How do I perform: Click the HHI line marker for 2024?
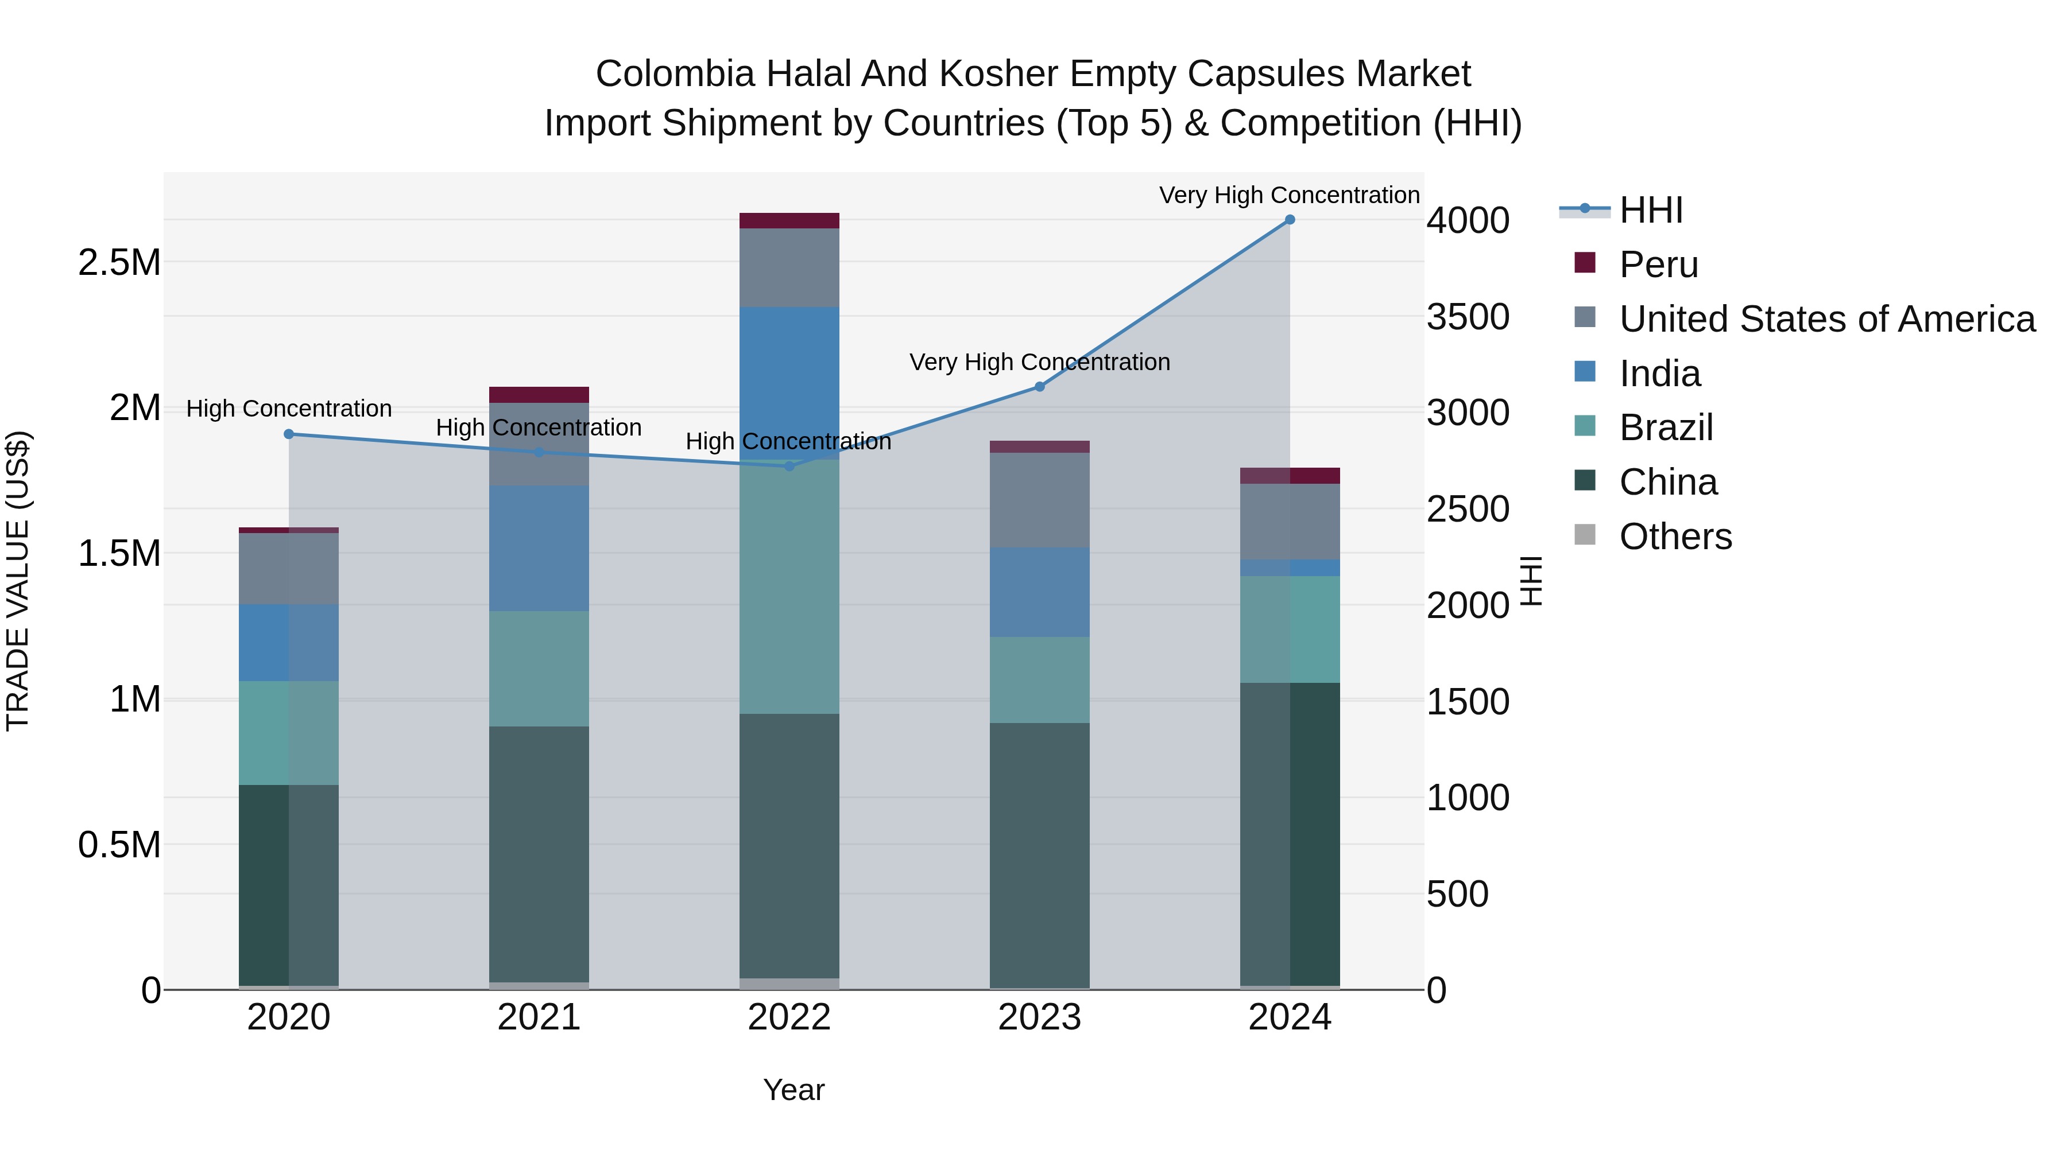coord(1290,220)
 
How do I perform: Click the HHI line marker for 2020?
coord(289,434)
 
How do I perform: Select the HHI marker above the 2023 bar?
coord(1039,387)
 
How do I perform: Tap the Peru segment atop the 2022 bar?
coord(789,220)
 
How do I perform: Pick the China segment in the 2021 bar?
coord(539,854)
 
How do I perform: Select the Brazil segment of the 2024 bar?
coord(1290,629)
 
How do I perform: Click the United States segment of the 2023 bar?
coord(1039,500)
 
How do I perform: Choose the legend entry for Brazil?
coord(1666,428)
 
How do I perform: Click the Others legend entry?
coord(1675,537)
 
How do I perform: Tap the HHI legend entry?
coord(1651,210)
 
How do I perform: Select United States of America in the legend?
coord(1826,319)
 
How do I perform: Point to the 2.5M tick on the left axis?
coord(119,263)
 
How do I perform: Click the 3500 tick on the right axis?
coord(1468,317)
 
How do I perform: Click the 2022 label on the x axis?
coord(789,1017)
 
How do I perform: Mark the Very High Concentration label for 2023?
coord(1039,363)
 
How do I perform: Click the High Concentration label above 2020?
coord(289,409)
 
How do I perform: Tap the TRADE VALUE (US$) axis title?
coord(18,581)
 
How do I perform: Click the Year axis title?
coord(793,1090)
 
